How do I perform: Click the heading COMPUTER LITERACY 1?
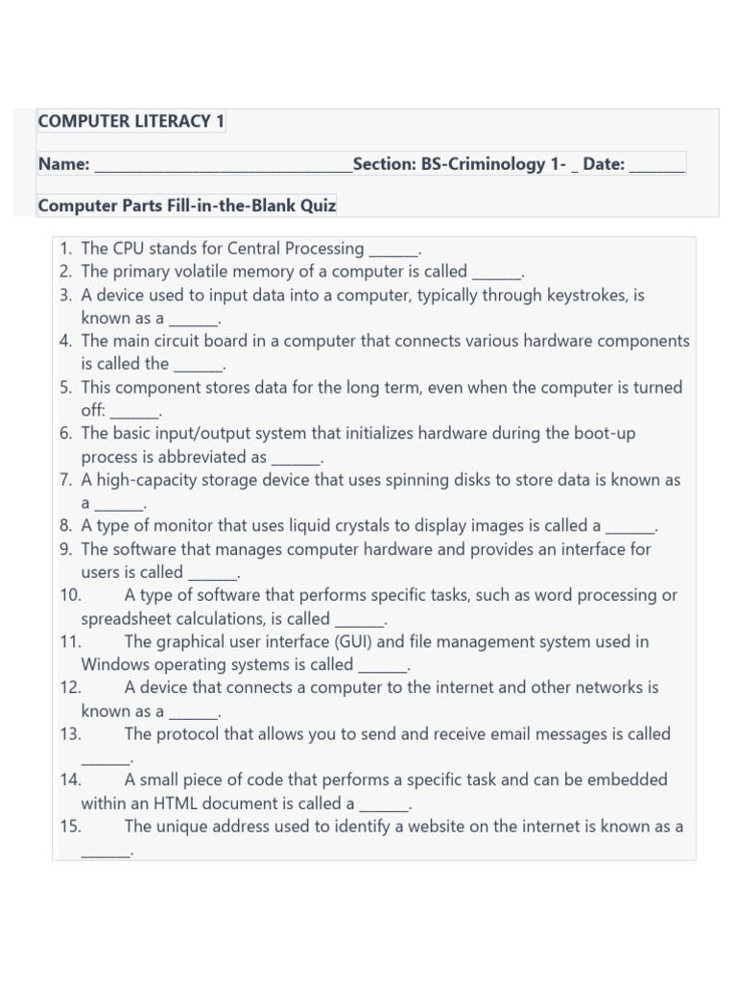point(131,121)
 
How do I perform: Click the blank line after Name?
point(223,165)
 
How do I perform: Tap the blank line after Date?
point(657,165)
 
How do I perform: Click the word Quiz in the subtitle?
point(317,205)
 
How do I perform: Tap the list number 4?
point(65,341)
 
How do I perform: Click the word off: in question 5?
point(93,410)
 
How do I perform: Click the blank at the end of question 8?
point(630,527)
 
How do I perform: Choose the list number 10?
point(70,595)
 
